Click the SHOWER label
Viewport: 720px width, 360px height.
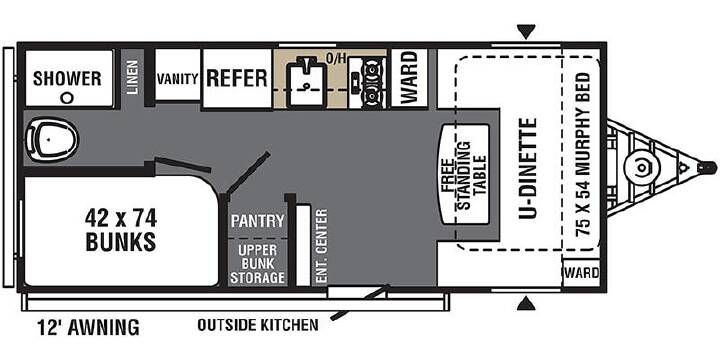(67, 79)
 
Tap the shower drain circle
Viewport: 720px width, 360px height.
(68, 97)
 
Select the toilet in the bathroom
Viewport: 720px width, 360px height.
(51, 138)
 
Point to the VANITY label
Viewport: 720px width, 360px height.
(178, 79)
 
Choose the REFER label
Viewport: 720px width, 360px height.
(237, 78)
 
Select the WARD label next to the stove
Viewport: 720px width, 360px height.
(409, 77)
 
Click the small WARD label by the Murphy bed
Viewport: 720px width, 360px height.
(582, 273)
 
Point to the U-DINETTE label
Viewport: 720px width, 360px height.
(528, 168)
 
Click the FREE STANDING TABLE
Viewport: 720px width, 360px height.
(465, 175)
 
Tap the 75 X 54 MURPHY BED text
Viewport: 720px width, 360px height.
(583, 154)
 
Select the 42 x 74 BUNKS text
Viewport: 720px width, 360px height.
(121, 230)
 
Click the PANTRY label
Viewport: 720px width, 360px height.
(258, 221)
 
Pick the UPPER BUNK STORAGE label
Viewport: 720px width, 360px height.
(258, 264)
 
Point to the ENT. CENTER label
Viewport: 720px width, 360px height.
(321, 246)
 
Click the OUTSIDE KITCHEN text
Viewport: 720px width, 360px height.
(258, 325)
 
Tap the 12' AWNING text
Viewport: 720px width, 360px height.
(88, 328)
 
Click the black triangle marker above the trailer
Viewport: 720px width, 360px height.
(526, 33)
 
